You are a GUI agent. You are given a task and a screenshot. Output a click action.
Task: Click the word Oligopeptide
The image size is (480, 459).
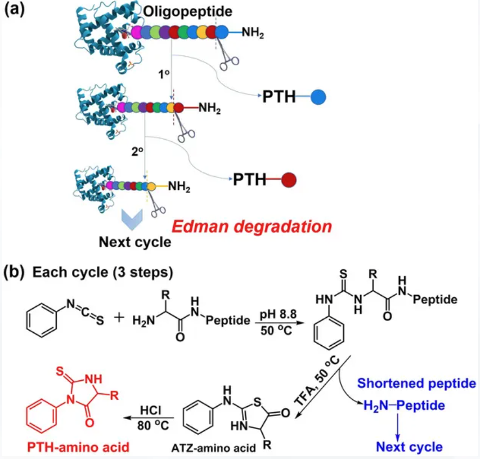click(187, 12)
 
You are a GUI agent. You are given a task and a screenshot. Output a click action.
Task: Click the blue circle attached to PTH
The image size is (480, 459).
click(318, 97)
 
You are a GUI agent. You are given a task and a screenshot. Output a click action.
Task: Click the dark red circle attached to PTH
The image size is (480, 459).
click(289, 180)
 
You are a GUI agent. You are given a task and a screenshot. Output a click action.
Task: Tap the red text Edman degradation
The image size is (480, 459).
click(252, 227)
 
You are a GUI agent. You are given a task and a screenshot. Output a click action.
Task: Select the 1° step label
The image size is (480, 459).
click(164, 74)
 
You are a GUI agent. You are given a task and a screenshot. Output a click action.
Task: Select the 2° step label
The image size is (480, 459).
click(137, 151)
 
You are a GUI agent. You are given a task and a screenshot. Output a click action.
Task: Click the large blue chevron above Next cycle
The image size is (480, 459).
click(132, 219)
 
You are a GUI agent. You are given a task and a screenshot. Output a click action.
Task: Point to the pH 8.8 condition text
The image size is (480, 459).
click(279, 314)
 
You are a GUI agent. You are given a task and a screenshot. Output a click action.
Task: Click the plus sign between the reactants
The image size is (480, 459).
click(119, 318)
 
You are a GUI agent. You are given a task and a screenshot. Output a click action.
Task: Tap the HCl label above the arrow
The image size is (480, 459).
click(151, 410)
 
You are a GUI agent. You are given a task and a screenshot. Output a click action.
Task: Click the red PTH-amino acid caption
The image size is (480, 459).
click(78, 447)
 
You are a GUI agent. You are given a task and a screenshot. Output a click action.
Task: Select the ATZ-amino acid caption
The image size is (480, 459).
click(213, 448)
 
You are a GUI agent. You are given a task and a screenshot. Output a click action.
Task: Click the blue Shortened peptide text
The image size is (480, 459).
click(416, 383)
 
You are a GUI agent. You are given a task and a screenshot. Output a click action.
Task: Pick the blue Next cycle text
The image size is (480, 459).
click(409, 447)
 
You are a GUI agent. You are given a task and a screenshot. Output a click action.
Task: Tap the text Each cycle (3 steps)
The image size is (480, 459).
click(103, 272)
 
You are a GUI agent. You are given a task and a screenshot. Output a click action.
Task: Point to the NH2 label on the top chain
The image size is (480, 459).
click(253, 32)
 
